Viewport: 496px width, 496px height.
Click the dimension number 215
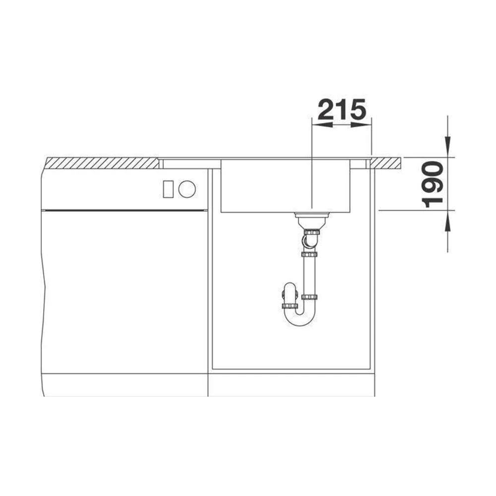click(x=341, y=110)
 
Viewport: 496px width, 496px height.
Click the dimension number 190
click(x=432, y=184)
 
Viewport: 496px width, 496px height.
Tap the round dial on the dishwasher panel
click(x=187, y=189)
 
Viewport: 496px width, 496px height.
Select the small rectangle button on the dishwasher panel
click(x=168, y=189)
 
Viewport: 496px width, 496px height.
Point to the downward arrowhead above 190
click(x=447, y=147)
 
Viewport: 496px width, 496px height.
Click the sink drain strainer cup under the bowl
click(x=311, y=219)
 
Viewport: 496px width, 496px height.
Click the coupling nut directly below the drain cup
click(x=311, y=232)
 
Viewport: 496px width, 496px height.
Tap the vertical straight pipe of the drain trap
click(x=310, y=275)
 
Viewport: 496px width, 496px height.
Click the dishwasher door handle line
click(x=124, y=210)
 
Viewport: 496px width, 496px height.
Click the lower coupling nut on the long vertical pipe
click(x=310, y=297)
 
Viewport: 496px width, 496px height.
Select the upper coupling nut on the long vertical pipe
click(x=310, y=254)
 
